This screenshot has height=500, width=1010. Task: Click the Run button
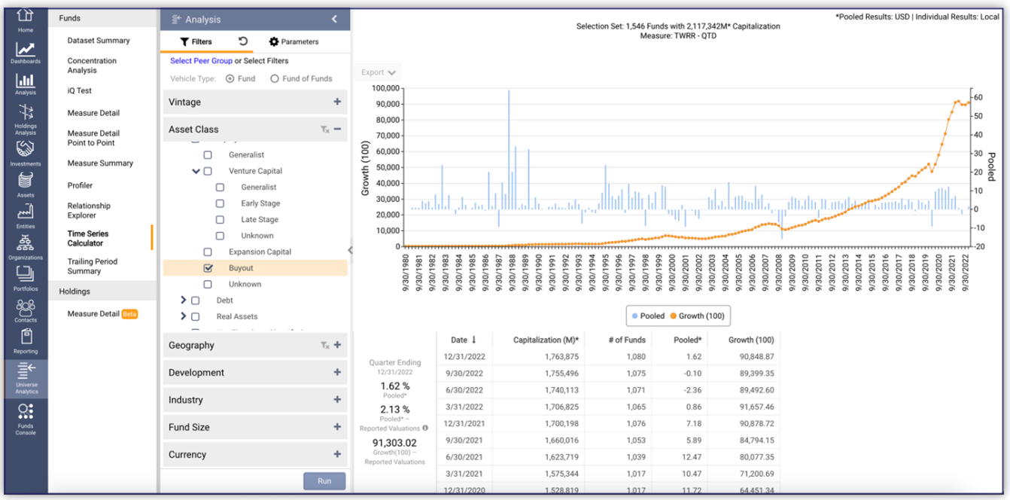click(x=324, y=481)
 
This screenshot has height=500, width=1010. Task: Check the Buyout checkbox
click(x=208, y=268)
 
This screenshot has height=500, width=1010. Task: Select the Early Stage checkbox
click(x=220, y=203)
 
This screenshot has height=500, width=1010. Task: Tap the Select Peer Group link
click(x=201, y=61)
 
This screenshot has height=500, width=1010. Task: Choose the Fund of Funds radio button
click(x=275, y=78)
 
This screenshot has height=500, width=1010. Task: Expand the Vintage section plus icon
click(x=337, y=102)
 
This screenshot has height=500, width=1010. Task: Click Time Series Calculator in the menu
click(x=88, y=239)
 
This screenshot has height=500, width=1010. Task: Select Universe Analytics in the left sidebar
click(x=26, y=378)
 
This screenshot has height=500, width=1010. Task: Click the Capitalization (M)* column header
click(x=546, y=340)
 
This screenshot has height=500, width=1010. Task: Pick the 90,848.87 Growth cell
click(x=751, y=357)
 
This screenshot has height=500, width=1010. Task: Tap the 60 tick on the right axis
click(x=978, y=97)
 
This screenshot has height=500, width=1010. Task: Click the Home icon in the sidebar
click(x=26, y=19)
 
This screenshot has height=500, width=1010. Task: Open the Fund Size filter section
click(x=255, y=427)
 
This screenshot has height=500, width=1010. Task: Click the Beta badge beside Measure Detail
click(x=129, y=314)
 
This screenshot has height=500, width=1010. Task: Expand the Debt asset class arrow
click(x=184, y=300)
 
